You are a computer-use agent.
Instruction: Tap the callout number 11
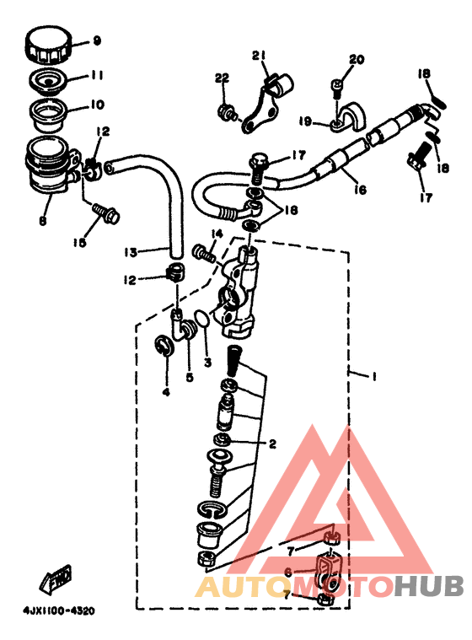pyautogui.click(x=96, y=76)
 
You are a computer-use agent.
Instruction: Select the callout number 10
pyautogui.click(x=97, y=105)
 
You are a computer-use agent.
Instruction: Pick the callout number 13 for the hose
pyautogui.click(x=131, y=252)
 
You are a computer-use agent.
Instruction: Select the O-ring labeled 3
pyautogui.click(x=203, y=318)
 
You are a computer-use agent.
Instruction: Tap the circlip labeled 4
pyautogui.click(x=165, y=345)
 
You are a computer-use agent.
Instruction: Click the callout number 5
pyautogui.click(x=190, y=377)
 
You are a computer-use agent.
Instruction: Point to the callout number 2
pyautogui.click(x=272, y=444)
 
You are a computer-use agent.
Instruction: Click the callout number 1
pyautogui.click(x=373, y=376)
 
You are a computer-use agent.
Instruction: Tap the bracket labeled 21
pyautogui.click(x=266, y=102)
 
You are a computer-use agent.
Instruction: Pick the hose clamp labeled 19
pyautogui.click(x=349, y=117)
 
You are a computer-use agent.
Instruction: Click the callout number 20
pyautogui.click(x=357, y=60)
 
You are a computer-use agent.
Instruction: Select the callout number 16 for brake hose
pyautogui.click(x=360, y=190)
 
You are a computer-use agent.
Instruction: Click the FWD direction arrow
pyautogui.click(x=56, y=578)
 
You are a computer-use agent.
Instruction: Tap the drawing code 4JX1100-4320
pyautogui.click(x=59, y=611)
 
